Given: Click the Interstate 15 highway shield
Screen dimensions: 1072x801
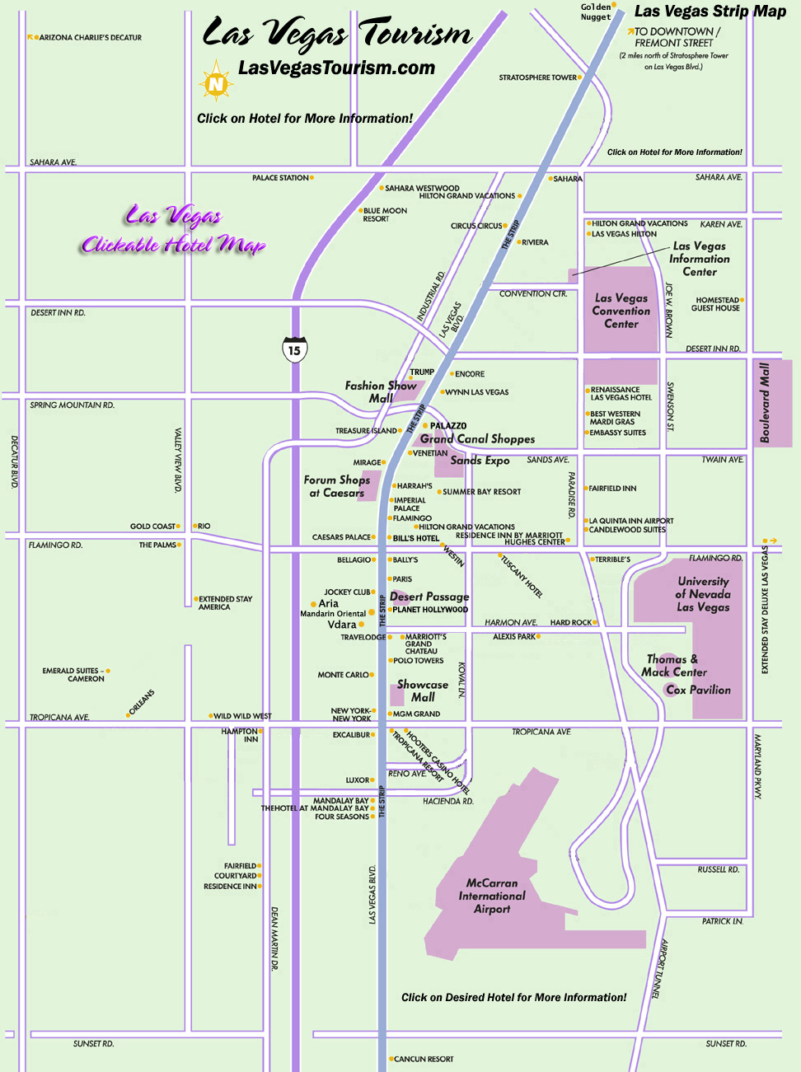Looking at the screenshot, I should pos(294,349).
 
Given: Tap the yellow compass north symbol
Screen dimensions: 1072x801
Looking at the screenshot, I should pos(216,83).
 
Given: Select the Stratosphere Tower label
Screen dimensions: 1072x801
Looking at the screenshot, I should pos(537,77).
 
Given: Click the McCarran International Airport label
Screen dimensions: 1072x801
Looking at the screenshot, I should pos(492,896).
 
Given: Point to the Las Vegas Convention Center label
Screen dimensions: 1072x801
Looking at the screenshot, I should pos(621,311).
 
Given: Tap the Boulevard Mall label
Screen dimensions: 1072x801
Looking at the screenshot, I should pos(765,403).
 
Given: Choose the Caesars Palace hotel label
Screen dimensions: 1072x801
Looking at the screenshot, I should pos(341,537).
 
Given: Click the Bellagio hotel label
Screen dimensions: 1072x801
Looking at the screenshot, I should pos(354,560).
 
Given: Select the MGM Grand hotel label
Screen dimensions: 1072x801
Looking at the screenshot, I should pos(416,714).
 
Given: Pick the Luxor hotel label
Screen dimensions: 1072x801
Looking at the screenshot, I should pos(358,779).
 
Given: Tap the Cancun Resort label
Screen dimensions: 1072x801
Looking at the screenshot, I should pos(424,1059).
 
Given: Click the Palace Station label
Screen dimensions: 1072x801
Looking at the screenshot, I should pos(280,178).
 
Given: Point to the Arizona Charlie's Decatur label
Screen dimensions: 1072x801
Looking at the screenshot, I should pos(90,38).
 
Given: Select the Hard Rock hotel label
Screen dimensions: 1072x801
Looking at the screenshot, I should pos(570,623).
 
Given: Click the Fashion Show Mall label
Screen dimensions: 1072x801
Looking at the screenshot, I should pos(381,391).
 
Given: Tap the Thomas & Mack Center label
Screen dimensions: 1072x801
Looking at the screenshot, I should pos(672,666).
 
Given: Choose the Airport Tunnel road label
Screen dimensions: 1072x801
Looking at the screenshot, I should pos(662,969).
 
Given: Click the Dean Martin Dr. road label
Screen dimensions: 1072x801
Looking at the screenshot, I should pos(274,939).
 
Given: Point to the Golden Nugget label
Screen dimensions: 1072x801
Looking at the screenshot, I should pos(596,12).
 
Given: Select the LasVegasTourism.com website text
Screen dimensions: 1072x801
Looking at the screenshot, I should pos(336,68).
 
